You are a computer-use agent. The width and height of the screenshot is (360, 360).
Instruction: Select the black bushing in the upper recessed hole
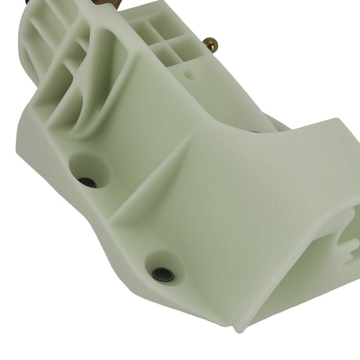[87, 183]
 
